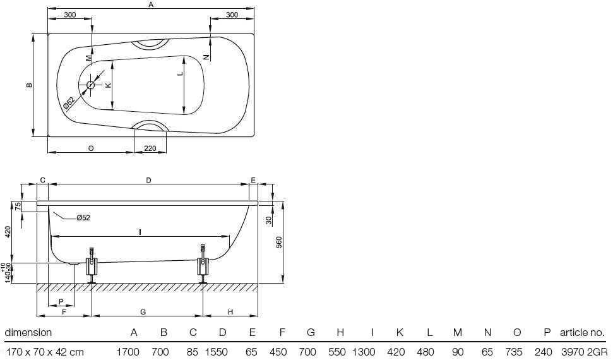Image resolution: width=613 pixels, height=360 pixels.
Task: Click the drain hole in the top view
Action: pyautogui.click(x=91, y=85)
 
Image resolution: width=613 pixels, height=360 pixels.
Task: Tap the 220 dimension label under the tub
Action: pyautogui.click(x=150, y=148)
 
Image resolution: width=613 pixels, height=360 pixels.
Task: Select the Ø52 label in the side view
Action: pyautogui.click(x=83, y=218)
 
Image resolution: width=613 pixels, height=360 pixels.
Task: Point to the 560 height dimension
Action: pyautogui.click(x=279, y=243)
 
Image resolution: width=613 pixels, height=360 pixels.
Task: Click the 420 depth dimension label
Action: pyautogui.click(x=8, y=233)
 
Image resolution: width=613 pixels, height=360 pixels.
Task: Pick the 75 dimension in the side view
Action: pyautogui.click(x=18, y=207)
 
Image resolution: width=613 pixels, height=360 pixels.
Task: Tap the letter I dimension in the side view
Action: pyautogui.click(x=140, y=232)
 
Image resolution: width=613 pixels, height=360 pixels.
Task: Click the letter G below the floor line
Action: pyautogui.click(x=143, y=312)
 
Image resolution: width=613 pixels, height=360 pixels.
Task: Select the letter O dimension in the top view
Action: pyautogui.click(x=91, y=148)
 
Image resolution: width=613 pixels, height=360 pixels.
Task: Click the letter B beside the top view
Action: pyautogui.click(x=29, y=85)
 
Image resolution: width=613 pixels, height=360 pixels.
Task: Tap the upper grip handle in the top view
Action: pyautogui.click(x=150, y=44)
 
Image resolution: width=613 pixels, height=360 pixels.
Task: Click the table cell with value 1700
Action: pyautogui.click(x=128, y=352)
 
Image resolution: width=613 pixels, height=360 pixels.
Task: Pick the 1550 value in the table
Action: pyautogui.click(x=216, y=352)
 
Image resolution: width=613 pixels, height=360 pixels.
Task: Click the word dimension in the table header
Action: pyautogui.click(x=28, y=333)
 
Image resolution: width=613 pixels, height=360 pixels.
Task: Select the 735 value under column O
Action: pyautogui.click(x=514, y=352)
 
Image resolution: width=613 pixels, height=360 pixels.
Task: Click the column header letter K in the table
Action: pyautogui.click(x=400, y=333)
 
